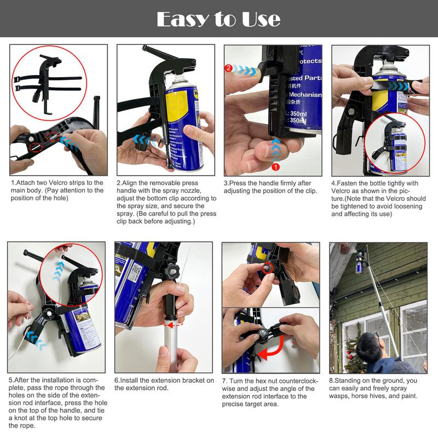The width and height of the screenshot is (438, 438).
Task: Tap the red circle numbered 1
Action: [x=276, y=166]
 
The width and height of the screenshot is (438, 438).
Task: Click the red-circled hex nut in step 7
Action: [x=268, y=268]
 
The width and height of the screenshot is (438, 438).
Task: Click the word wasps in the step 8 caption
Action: [x=343, y=396]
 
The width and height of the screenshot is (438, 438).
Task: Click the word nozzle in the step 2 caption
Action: [x=191, y=191]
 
